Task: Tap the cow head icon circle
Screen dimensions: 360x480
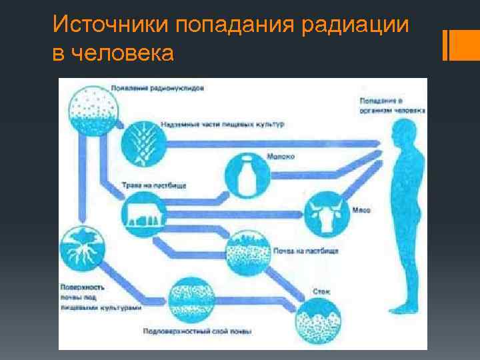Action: point(327,211)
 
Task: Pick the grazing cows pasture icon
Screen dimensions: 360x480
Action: point(145,215)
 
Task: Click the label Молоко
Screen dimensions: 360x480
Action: point(281,157)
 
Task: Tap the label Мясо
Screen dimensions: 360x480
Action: point(361,210)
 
